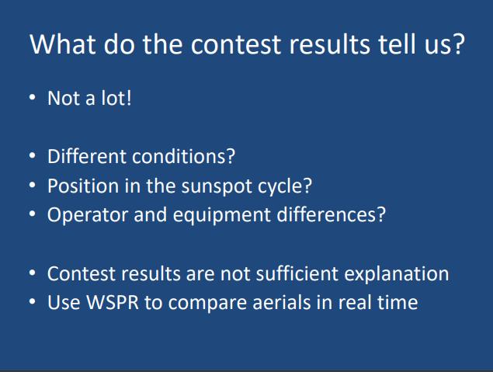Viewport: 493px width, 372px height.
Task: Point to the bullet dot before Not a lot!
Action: pyautogui.click(x=33, y=97)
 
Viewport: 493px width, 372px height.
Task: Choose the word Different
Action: pyautogui.click(x=87, y=156)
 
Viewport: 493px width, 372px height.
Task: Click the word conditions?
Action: pyautogui.click(x=184, y=156)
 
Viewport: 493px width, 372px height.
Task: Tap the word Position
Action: pyautogui.click(x=83, y=186)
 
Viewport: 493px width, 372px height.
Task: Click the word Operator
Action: pyautogui.click(x=88, y=215)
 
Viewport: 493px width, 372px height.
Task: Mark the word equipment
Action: pyautogui.click(x=222, y=216)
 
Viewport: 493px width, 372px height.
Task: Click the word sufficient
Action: pyautogui.click(x=297, y=273)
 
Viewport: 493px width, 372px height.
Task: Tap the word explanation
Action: pyautogui.click(x=397, y=274)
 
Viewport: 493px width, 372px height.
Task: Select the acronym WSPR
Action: pyautogui.click(x=113, y=302)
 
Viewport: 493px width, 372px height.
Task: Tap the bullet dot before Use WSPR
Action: pyautogui.click(x=33, y=301)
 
